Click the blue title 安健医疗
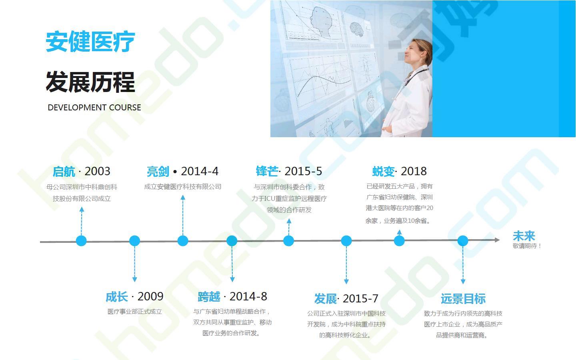90,42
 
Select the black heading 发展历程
90,82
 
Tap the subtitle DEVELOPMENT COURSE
94,108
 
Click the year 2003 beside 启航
98,171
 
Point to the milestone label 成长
117,297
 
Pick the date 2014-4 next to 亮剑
200,171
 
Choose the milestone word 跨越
209,297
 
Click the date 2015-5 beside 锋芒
303,171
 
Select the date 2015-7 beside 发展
360,298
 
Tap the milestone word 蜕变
383,171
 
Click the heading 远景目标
463,298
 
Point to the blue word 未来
524,236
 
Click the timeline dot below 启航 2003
81,241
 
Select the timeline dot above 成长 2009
134,241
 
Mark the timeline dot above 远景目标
462,241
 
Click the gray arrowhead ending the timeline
497,240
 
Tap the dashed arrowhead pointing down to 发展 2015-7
346,281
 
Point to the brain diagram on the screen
357,29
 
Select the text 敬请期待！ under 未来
527,246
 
